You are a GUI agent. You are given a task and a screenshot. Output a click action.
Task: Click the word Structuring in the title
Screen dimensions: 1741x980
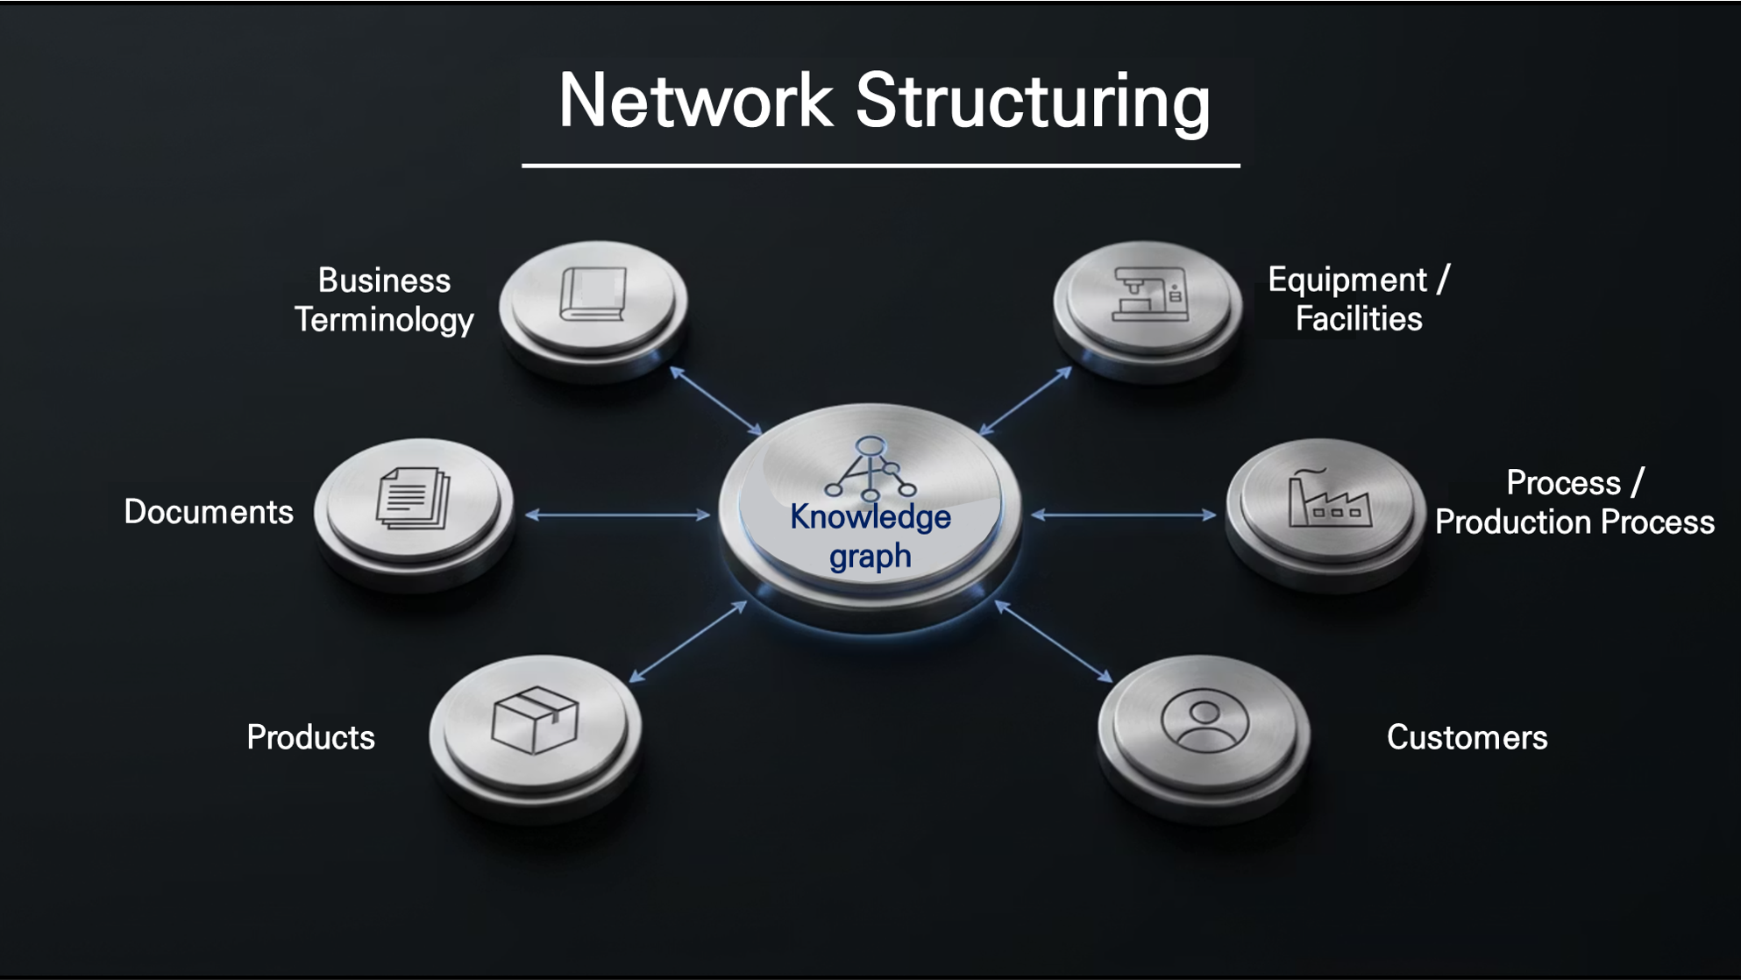click(1033, 103)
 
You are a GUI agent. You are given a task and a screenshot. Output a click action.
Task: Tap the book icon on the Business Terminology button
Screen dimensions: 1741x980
click(593, 295)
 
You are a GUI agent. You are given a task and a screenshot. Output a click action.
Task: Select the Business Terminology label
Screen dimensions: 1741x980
click(384, 300)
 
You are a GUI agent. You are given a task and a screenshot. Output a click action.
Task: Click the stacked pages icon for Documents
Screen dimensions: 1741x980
click(413, 499)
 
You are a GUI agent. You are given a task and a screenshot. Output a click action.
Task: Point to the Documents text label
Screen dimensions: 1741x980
click(209, 512)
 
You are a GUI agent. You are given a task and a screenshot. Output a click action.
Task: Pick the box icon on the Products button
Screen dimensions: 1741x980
click(535, 720)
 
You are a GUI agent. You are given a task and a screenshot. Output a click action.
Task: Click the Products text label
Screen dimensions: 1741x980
click(310, 737)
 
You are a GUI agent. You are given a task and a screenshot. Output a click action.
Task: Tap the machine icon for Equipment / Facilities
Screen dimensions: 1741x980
click(1150, 295)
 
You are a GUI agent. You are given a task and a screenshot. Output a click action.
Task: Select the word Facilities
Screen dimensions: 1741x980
click(1359, 319)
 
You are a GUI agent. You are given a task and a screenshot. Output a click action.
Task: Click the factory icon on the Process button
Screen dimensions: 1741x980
click(1329, 497)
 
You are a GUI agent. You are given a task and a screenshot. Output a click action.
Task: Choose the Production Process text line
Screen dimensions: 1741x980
click(1574, 522)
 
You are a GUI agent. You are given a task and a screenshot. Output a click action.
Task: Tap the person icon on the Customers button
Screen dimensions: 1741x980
click(1204, 721)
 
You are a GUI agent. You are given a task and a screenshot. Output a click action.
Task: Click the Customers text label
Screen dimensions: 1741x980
click(1467, 737)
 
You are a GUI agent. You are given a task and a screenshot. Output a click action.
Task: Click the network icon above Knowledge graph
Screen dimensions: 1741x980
click(870, 469)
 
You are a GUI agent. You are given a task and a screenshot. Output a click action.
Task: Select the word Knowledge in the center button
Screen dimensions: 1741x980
click(870, 517)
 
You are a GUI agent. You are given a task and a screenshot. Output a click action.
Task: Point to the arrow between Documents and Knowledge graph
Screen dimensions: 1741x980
click(617, 515)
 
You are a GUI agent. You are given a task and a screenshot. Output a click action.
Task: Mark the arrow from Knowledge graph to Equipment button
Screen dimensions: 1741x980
click(1025, 401)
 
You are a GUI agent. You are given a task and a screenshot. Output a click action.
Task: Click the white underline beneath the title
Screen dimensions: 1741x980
click(880, 165)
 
